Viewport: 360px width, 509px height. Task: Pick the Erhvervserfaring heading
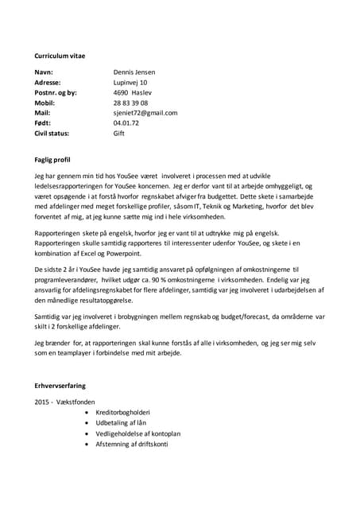[64, 385]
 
